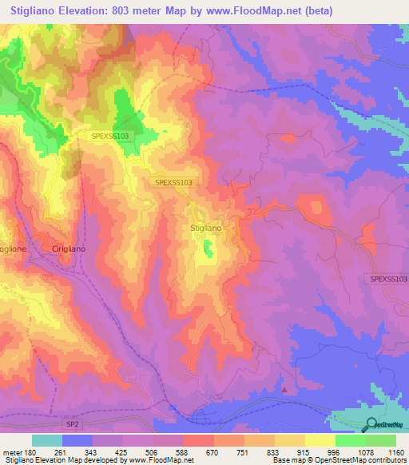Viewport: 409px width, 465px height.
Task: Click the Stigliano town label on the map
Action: pyautogui.click(x=206, y=229)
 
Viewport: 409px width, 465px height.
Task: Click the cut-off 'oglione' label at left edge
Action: pyautogui.click(x=14, y=248)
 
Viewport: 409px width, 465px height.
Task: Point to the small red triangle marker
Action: pyautogui.click(x=285, y=390)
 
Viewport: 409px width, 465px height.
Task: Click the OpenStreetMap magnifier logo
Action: pyautogui.click(x=371, y=425)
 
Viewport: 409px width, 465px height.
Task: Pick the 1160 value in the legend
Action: pyautogui.click(x=396, y=452)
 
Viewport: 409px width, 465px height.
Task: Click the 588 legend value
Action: pyautogui.click(x=184, y=452)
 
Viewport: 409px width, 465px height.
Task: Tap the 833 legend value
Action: pyautogui.click(x=275, y=452)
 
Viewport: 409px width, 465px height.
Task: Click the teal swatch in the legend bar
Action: pyautogui.click(x=47, y=440)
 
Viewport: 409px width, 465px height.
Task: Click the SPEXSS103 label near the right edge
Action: pyautogui.click(x=388, y=278)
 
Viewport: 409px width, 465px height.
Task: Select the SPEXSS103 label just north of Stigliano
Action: pyautogui.click(x=173, y=182)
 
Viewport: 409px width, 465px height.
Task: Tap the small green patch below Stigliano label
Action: pyautogui.click(x=208, y=252)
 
